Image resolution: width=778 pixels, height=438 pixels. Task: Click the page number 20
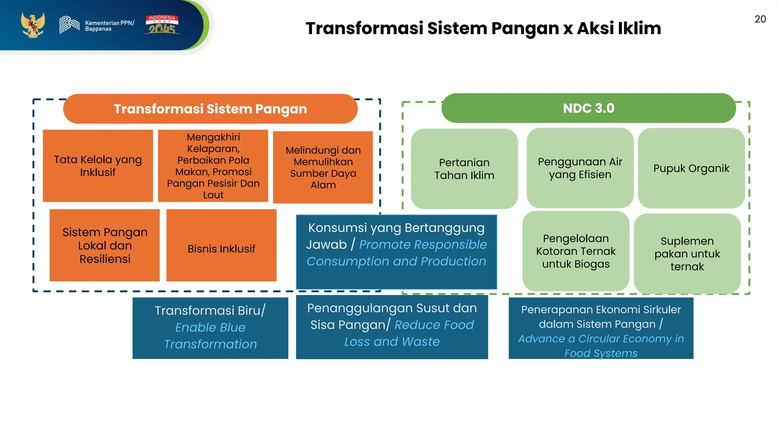(x=760, y=19)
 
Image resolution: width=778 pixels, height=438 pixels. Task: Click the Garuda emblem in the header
(x=33, y=25)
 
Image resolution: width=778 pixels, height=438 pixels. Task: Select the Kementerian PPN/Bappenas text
(x=109, y=26)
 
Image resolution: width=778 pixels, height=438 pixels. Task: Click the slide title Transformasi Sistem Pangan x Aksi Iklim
(x=483, y=29)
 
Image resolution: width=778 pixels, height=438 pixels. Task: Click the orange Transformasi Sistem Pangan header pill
(x=210, y=109)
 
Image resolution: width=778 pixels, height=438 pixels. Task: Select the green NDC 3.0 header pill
(x=588, y=108)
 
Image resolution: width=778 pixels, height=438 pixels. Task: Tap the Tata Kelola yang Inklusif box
(x=98, y=166)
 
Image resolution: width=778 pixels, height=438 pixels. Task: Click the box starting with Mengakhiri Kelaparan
(x=213, y=166)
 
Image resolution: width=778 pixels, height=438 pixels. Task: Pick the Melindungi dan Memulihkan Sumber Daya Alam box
(x=323, y=167)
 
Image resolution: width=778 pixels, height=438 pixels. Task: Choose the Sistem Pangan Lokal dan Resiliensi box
(x=104, y=245)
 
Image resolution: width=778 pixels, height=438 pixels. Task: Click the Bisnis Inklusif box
(x=221, y=249)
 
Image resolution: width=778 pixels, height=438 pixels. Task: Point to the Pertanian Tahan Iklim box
(x=464, y=169)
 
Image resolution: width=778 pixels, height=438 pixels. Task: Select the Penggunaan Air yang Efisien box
(x=580, y=168)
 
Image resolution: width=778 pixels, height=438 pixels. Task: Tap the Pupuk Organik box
(x=691, y=168)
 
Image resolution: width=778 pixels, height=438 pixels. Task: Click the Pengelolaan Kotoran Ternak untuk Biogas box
(x=576, y=251)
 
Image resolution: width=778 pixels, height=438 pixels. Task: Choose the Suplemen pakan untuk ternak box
(x=687, y=254)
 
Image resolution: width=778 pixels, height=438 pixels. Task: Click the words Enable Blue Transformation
(x=210, y=336)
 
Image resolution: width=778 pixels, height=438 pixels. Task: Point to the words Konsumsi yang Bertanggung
(x=396, y=228)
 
